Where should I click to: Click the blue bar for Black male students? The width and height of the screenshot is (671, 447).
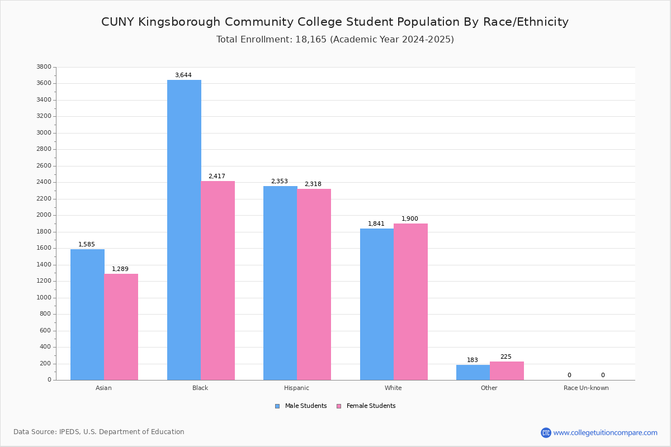(x=184, y=230)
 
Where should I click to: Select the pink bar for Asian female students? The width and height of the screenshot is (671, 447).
(x=121, y=327)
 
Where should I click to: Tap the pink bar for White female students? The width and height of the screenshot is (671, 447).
(x=410, y=302)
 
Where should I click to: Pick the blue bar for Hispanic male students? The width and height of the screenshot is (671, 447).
(x=280, y=283)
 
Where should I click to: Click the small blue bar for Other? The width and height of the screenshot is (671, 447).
(x=473, y=373)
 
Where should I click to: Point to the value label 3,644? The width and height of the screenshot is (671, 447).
(x=183, y=75)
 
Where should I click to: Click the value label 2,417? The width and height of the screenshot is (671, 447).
(x=216, y=176)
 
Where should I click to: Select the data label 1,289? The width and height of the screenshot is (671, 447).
(x=120, y=269)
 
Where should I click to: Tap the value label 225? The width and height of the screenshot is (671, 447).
(x=505, y=356)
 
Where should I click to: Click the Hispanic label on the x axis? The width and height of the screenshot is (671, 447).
(x=296, y=388)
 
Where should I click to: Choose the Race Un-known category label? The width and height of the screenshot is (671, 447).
(x=586, y=388)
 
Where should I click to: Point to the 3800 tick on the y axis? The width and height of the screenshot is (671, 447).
(x=43, y=67)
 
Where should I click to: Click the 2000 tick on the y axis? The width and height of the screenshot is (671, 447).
(x=43, y=215)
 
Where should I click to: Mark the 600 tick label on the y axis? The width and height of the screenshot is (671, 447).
(x=45, y=330)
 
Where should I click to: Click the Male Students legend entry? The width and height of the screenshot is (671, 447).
(x=305, y=406)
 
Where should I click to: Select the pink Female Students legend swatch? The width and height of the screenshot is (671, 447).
(x=339, y=406)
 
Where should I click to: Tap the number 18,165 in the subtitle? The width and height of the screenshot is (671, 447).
(x=308, y=39)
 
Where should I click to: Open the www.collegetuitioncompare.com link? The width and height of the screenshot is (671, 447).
(x=605, y=432)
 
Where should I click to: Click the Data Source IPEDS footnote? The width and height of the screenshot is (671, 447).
(x=99, y=432)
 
